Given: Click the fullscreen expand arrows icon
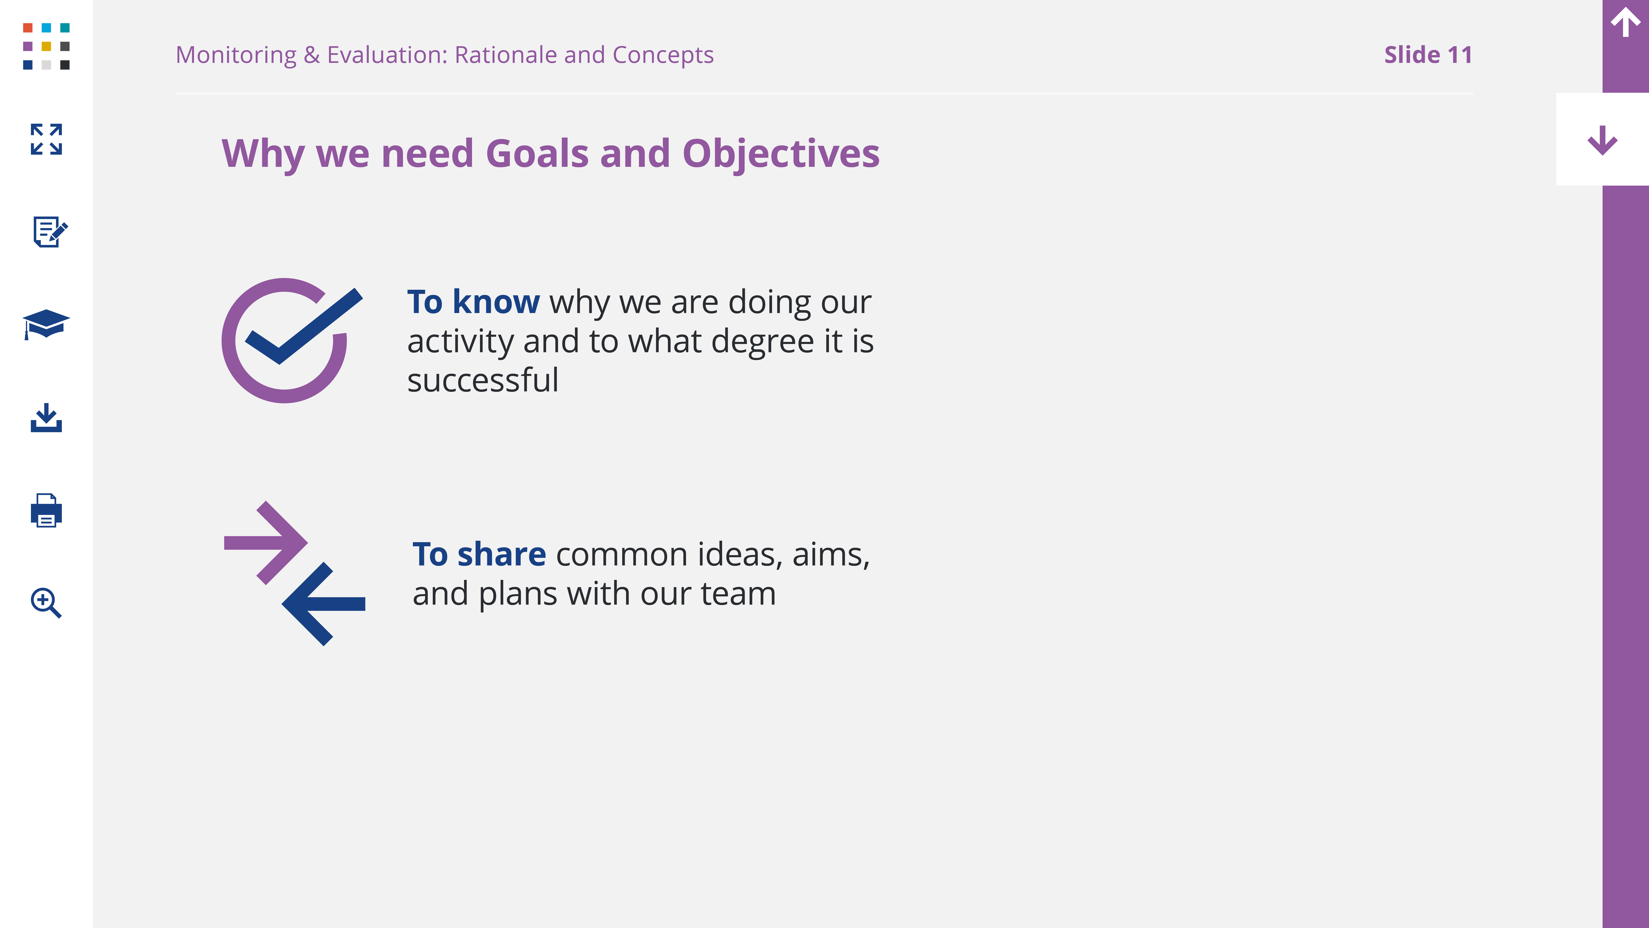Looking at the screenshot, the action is point(46,139).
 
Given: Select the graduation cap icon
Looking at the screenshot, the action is point(46,324).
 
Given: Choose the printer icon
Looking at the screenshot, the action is point(46,510).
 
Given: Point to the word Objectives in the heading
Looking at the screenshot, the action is point(781,154).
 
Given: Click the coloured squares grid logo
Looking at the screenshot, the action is point(46,46).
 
